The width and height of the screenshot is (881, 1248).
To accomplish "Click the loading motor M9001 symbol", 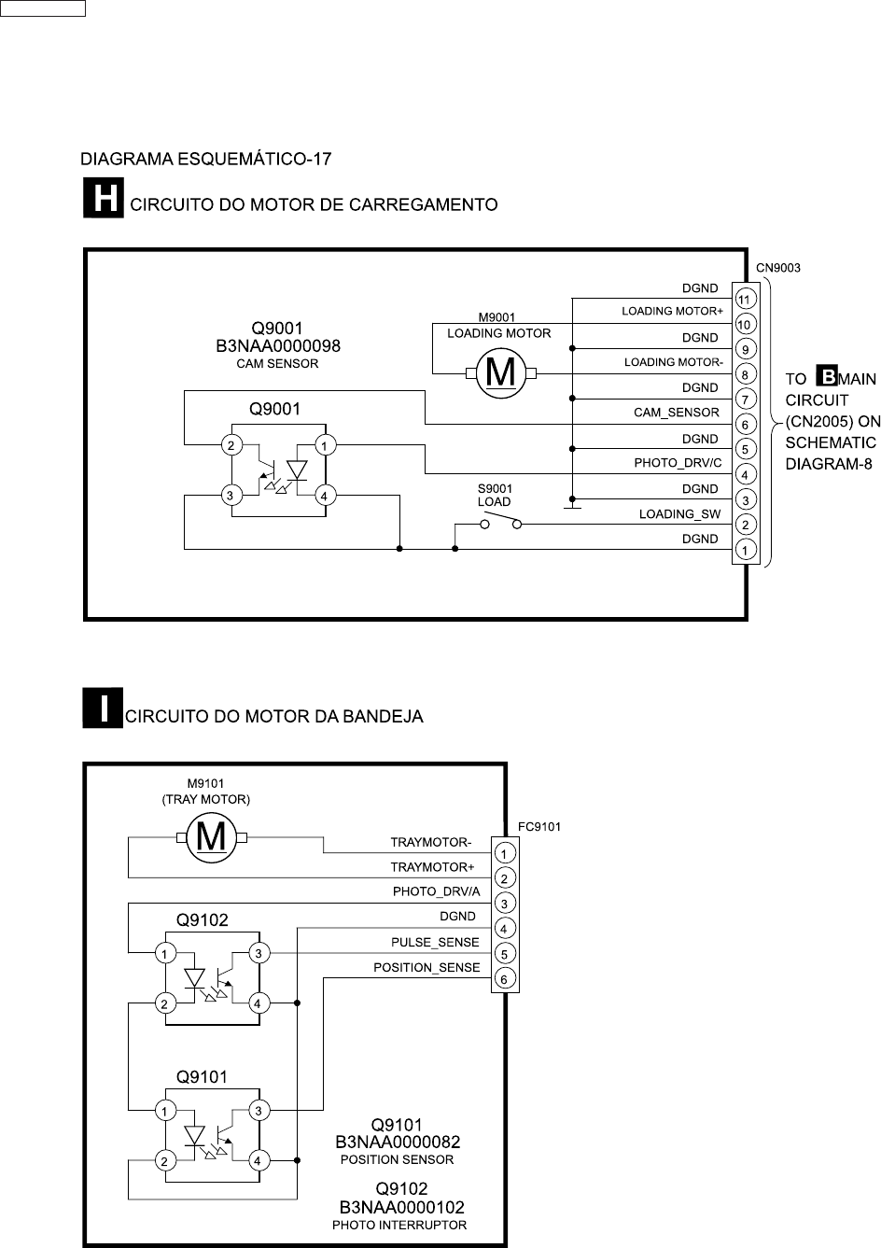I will (x=501, y=373).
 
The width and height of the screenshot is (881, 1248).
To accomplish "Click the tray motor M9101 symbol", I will (x=212, y=836).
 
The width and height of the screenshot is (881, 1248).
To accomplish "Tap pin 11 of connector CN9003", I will (x=745, y=300).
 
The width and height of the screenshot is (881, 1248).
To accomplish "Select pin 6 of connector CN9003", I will (x=745, y=425).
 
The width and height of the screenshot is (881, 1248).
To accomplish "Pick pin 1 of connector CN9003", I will (x=745, y=550).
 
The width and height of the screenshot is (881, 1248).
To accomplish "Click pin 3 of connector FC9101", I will (x=504, y=904).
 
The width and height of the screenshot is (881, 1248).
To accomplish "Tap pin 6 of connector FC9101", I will (x=504, y=979).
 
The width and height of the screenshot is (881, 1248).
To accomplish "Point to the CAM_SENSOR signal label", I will (x=677, y=413).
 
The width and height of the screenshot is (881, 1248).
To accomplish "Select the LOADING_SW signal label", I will (x=679, y=513).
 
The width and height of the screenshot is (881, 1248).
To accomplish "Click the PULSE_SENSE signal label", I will (x=435, y=942).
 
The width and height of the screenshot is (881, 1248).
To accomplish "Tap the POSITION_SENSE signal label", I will (x=427, y=967).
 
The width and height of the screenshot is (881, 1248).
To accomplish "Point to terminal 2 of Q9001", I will (x=230, y=445).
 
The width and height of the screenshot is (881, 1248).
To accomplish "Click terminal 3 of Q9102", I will (x=259, y=953).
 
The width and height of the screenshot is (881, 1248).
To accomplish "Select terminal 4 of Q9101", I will (x=259, y=1161).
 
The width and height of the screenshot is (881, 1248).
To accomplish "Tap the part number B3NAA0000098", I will (x=278, y=346).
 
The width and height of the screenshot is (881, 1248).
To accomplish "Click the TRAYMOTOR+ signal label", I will (x=432, y=867).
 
